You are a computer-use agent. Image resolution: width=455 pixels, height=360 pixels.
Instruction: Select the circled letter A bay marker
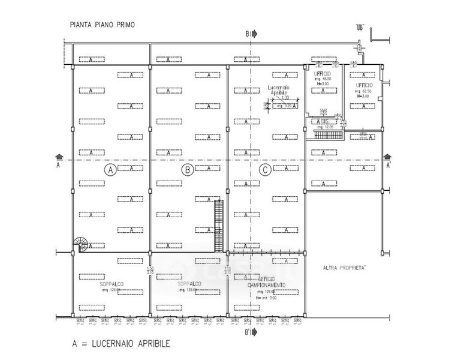[110, 170]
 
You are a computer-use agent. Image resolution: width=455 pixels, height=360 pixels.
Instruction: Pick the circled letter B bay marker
[187, 170]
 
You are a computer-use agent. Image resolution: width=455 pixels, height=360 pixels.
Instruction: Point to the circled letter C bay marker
[265, 170]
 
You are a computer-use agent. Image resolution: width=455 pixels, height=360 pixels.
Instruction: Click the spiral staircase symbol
[80, 244]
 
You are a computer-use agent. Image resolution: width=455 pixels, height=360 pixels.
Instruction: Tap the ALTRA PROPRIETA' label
[345, 268]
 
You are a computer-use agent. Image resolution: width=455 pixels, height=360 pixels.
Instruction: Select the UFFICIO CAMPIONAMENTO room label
[267, 281]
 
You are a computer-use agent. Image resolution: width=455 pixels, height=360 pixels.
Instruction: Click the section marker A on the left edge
[58, 161]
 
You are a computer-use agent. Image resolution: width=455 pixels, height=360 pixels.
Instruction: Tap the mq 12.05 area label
[325, 127]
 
